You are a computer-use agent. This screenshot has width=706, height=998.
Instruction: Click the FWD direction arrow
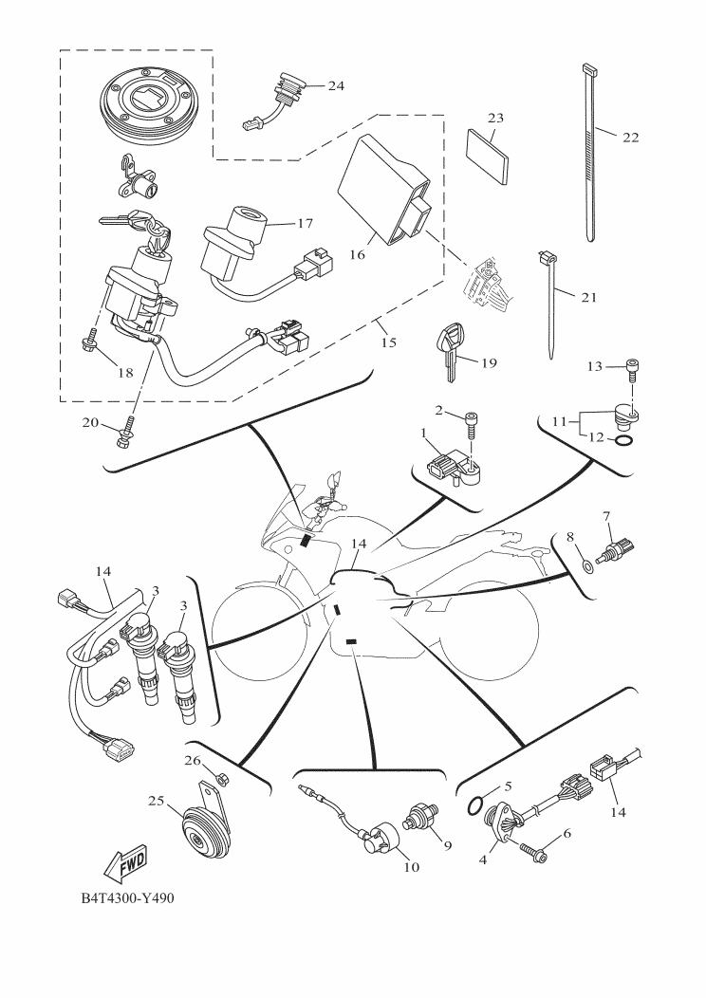tap(123, 861)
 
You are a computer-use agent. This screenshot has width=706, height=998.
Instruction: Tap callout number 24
tap(335, 85)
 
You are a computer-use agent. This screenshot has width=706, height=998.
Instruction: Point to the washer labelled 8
tap(586, 566)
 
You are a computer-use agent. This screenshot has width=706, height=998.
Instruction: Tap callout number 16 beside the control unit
tap(357, 254)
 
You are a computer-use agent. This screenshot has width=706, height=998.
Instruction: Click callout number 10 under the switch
tap(412, 866)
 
